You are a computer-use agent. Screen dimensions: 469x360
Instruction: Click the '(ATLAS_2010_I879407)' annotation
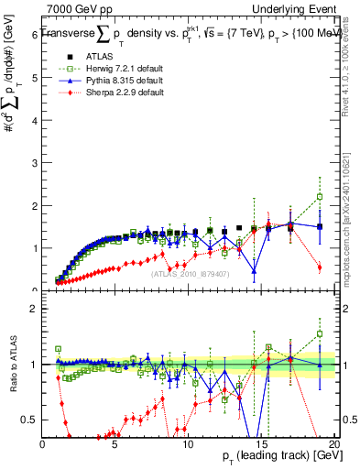click(x=189, y=272)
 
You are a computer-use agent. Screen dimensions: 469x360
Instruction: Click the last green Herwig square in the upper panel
click(x=320, y=196)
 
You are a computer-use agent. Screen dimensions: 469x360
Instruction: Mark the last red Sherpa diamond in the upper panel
click(x=320, y=267)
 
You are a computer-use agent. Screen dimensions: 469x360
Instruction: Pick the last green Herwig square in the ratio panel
click(x=320, y=333)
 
